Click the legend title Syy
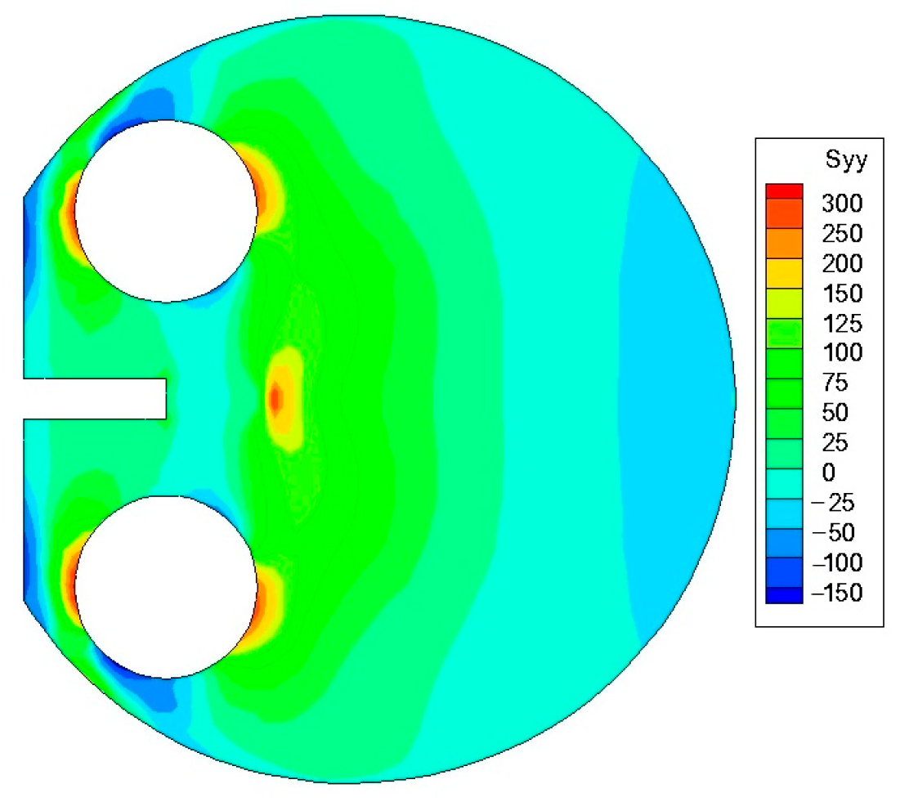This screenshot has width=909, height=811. click(846, 159)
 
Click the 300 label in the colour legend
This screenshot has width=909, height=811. click(842, 204)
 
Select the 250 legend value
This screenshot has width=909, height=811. click(842, 234)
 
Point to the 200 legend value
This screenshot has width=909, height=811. click(842, 264)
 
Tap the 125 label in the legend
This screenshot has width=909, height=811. click(842, 324)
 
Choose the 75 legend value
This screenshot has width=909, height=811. click(835, 383)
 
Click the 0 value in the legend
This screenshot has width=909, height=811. click(829, 473)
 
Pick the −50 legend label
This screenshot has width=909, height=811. click(833, 533)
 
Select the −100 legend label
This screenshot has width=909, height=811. click(837, 563)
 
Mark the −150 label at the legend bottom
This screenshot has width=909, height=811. click(837, 593)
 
